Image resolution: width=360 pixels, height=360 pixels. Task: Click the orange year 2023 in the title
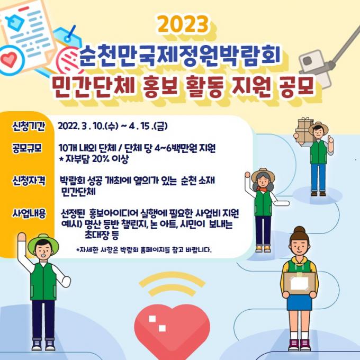[183, 24]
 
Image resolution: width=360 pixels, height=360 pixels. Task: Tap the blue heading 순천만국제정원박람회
[180, 57]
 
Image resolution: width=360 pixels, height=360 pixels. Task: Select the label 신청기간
[29, 127]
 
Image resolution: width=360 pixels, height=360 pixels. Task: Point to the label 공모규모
[28, 148]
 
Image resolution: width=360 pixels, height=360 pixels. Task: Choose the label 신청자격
[29, 181]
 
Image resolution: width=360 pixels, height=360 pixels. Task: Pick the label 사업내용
[29, 213]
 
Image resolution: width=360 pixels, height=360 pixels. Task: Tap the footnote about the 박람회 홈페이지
[143, 249]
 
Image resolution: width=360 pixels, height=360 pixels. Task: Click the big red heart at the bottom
[172, 331]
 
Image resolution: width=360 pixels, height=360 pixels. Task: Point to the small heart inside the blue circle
[8, 59]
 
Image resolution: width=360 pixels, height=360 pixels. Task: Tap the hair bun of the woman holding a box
[300, 230]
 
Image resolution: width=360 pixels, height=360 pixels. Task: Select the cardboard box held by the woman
[300, 283]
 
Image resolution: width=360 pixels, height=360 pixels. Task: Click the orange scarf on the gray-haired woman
[263, 190]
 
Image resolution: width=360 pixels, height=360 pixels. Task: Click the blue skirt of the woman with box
[300, 302]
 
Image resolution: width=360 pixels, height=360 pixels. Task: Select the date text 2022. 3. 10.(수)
[88, 126]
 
